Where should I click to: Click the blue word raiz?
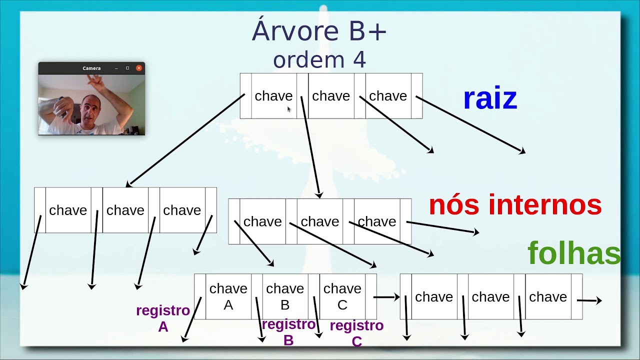489,98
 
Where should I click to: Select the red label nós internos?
515,205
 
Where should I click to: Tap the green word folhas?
574,253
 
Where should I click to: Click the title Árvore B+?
319,31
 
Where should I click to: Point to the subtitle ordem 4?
319,60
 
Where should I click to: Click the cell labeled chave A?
228,296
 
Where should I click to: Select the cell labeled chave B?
285,296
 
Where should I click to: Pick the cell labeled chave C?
342,296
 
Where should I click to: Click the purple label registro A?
163,318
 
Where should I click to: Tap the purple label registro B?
288,332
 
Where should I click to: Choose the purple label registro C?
356,333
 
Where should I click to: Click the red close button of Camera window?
139,68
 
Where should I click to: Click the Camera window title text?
91,68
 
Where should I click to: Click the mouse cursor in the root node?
289,109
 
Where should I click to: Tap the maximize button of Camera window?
127,68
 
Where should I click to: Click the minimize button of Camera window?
116,68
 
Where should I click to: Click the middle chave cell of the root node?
331,96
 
